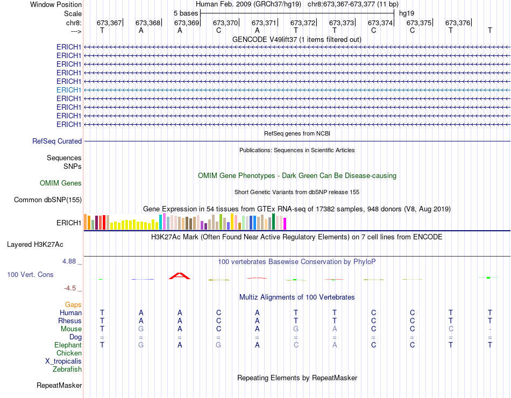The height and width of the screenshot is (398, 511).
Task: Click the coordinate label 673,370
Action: [x=225, y=23]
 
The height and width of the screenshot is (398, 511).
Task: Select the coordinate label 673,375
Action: [x=418, y=23]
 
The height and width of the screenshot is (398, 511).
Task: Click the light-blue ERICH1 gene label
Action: [x=69, y=90]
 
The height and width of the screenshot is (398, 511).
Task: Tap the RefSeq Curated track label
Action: [x=57, y=141]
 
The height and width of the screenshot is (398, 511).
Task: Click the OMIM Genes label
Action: [x=61, y=183]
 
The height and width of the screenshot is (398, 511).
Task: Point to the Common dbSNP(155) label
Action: [x=48, y=200]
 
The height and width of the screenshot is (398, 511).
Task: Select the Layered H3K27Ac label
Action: [x=35, y=244]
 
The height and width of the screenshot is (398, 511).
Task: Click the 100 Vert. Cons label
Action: [x=30, y=274]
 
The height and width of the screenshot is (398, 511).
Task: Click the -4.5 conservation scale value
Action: [x=71, y=288]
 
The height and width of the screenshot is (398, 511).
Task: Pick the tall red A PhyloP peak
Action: [x=180, y=276]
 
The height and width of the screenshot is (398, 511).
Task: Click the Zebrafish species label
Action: [x=67, y=369]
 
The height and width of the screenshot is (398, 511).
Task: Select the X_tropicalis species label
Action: [x=63, y=361]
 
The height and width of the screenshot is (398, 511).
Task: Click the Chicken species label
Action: [x=69, y=353]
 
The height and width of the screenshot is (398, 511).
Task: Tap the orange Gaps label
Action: [x=73, y=305]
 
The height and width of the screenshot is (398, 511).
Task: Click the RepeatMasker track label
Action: [x=59, y=385]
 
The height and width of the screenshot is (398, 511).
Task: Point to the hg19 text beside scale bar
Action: [x=407, y=13]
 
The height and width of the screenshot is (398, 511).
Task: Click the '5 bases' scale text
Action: [x=186, y=13]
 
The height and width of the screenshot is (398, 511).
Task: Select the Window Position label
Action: [x=56, y=4]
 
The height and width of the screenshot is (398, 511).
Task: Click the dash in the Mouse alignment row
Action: [x=489, y=329]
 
